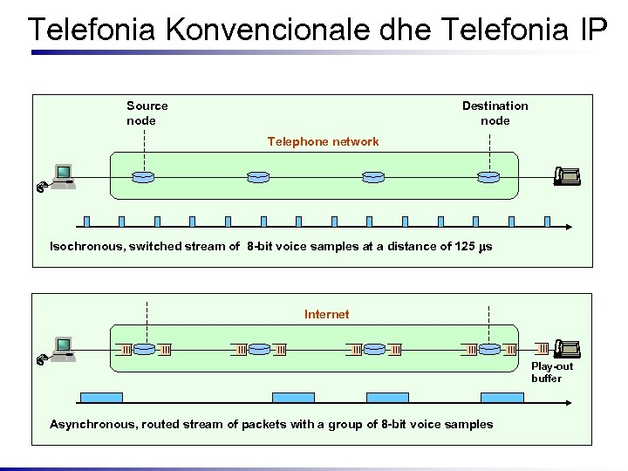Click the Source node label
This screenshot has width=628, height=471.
(147, 113)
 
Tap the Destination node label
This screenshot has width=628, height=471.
(495, 113)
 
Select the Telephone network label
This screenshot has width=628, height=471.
(323, 141)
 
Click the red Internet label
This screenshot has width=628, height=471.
(326, 314)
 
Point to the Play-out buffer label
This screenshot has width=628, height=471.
(552, 372)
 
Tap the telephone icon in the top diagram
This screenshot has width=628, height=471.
(567, 177)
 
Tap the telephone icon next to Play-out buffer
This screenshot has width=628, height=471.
(567, 348)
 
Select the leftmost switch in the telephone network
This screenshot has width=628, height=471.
(143, 177)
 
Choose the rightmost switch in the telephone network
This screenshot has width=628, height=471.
(488, 177)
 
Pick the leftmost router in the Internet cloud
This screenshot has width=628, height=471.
(144, 349)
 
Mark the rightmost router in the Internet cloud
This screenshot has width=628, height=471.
(489, 349)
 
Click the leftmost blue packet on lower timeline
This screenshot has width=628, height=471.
(101, 397)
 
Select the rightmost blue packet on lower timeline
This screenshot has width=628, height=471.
(502, 397)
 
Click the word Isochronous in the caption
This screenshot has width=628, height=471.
(86, 246)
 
